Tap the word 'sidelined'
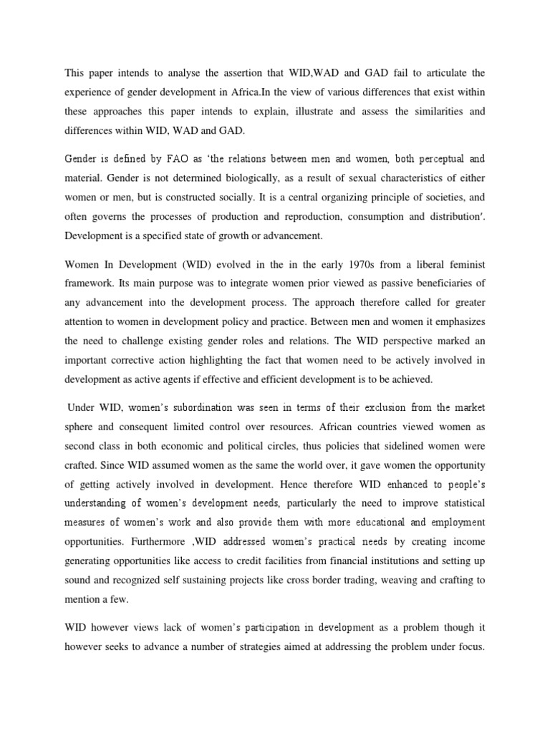click(x=402, y=448)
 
